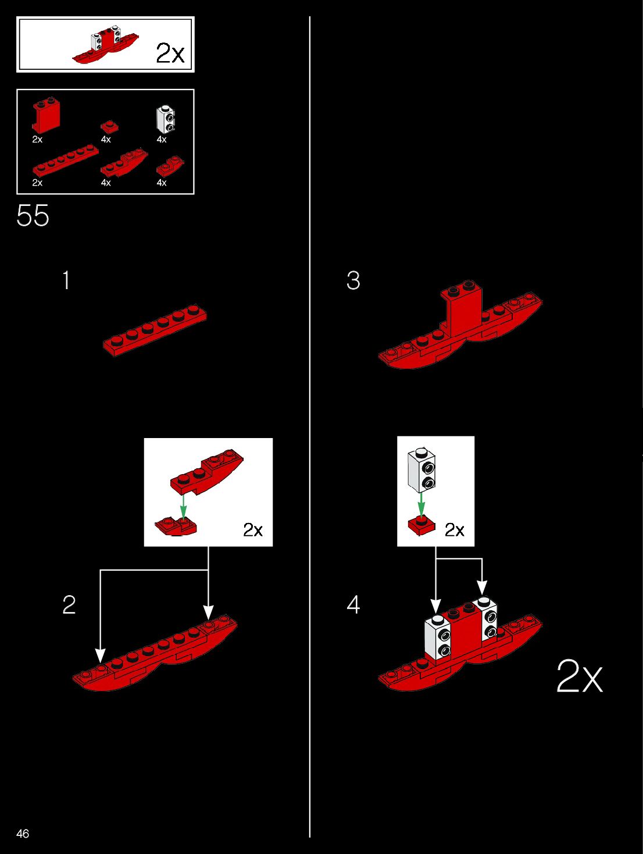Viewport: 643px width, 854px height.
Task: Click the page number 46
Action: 23,834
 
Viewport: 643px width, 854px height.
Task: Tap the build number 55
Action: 33,216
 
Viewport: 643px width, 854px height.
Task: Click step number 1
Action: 66,280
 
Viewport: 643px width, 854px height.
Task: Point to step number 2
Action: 69,605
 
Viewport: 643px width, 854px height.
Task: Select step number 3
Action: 353,280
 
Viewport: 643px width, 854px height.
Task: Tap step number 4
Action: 353,605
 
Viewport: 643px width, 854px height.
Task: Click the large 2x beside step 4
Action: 579,676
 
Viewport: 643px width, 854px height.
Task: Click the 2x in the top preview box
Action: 170,54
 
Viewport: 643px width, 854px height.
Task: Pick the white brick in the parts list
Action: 166,119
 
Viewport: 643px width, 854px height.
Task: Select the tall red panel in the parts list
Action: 46,116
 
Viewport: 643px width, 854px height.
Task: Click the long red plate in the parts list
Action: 65,161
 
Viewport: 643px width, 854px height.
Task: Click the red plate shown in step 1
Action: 155,329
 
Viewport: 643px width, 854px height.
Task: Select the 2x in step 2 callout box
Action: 253,530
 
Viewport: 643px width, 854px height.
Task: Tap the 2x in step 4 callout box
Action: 454,530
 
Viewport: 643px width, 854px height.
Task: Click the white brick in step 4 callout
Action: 423,470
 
